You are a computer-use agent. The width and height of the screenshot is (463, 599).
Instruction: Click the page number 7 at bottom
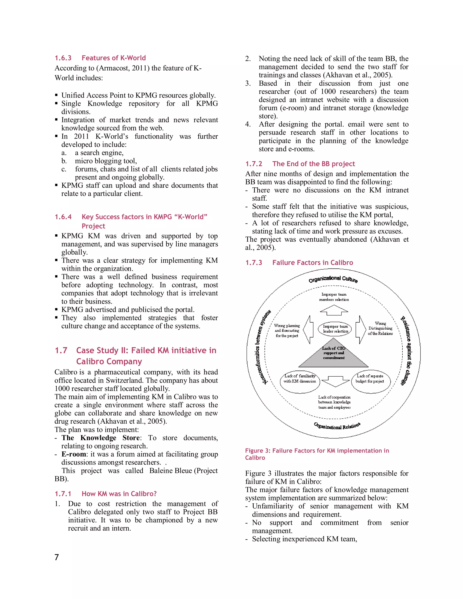click(57, 557)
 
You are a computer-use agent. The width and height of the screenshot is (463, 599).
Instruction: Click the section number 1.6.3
click(63, 58)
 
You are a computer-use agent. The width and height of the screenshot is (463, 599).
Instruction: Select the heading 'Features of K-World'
click(113, 58)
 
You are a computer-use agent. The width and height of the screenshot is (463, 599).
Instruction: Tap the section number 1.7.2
click(254, 164)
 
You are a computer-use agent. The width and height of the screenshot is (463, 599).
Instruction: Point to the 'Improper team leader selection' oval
click(335, 329)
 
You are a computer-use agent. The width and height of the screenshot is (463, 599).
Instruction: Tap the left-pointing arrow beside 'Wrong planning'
click(309, 329)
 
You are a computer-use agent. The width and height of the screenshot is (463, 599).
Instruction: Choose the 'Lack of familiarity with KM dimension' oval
click(300, 382)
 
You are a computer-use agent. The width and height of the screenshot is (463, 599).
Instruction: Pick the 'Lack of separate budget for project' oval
click(370, 381)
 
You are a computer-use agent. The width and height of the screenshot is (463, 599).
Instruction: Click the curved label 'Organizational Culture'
click(333, 279)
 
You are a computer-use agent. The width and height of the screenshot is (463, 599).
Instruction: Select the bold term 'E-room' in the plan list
click(74, 454)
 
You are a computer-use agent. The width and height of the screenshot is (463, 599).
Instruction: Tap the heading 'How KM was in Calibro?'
click(119, 494)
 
